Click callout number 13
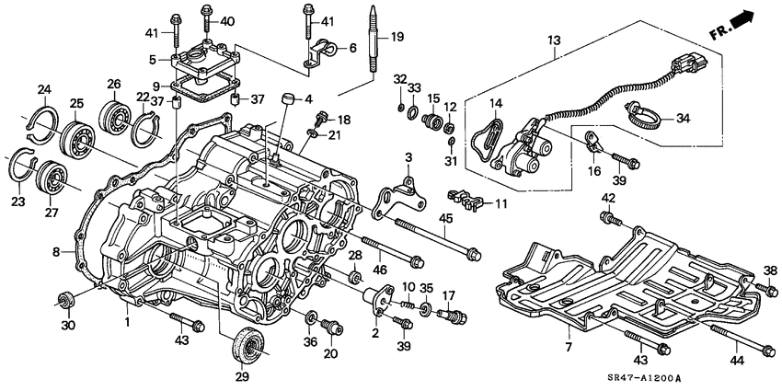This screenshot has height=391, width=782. point(553,41)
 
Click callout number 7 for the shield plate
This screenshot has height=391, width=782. point(568,347)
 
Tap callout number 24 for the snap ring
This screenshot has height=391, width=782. point(43,89)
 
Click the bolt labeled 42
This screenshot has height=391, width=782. point(608,217)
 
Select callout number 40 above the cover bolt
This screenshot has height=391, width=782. point(227,20)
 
